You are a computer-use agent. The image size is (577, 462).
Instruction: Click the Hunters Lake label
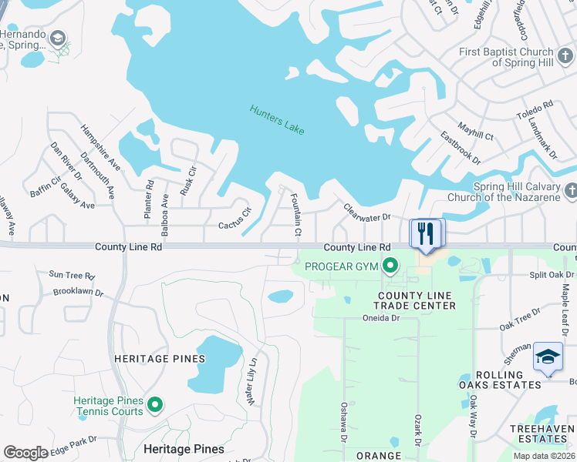pyautogui.click(x=277, y=120)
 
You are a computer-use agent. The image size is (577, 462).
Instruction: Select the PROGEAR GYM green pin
pyautogui.click(x=390, y=267)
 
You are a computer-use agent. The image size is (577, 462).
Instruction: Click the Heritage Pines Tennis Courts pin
pyautogui.click(x=155, y=403)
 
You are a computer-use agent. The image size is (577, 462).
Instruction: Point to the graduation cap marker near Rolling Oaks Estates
pyautogui.click(x=548, y=357)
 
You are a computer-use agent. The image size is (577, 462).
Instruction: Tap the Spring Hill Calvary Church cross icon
pyautogui.click(x=571, y=190)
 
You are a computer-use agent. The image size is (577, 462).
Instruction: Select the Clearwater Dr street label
pyautogui.click(x=367, y=213)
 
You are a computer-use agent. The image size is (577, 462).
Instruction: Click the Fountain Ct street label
pyautogui.click(x=295, y=216)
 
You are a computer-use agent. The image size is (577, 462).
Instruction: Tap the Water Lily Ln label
pyautogui.click(x=251, y=383)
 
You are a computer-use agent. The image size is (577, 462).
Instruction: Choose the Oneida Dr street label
pyautogui.click(x=382, y=317)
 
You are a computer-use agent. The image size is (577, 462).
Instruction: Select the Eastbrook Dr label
pyautogui.click(x=461, y=148)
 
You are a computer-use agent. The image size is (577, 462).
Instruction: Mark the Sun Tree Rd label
pyautogui.click(x=71, y=275)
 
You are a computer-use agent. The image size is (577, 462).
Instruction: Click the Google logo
pyautogui.click(x=25, y=453)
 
